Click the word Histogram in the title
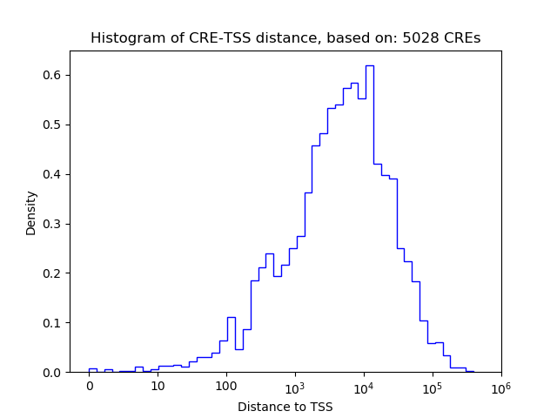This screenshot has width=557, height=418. [x=121, y=38]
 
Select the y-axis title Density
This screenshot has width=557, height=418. [x=31, y=212]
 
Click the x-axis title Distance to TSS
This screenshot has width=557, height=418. [x=285, y=407]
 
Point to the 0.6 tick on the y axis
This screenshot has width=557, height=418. [x=54, y=75]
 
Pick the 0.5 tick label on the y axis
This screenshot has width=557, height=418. [x=54, y=125]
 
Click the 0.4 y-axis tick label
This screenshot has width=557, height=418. [x=54, y=174]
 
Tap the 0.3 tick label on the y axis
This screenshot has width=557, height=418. [x=54, y=224]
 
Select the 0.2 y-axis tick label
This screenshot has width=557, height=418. [x=54, y=273]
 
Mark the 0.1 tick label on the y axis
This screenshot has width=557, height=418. [x=54, y=323]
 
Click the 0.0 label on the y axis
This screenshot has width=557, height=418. [x=54, y=373]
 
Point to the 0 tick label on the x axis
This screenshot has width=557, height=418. [x=89, y=387]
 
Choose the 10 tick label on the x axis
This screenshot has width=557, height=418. [x=158, y=387]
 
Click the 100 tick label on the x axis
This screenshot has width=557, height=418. [x=226, y=387]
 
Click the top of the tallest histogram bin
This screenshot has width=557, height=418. [x=369, y=65]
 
